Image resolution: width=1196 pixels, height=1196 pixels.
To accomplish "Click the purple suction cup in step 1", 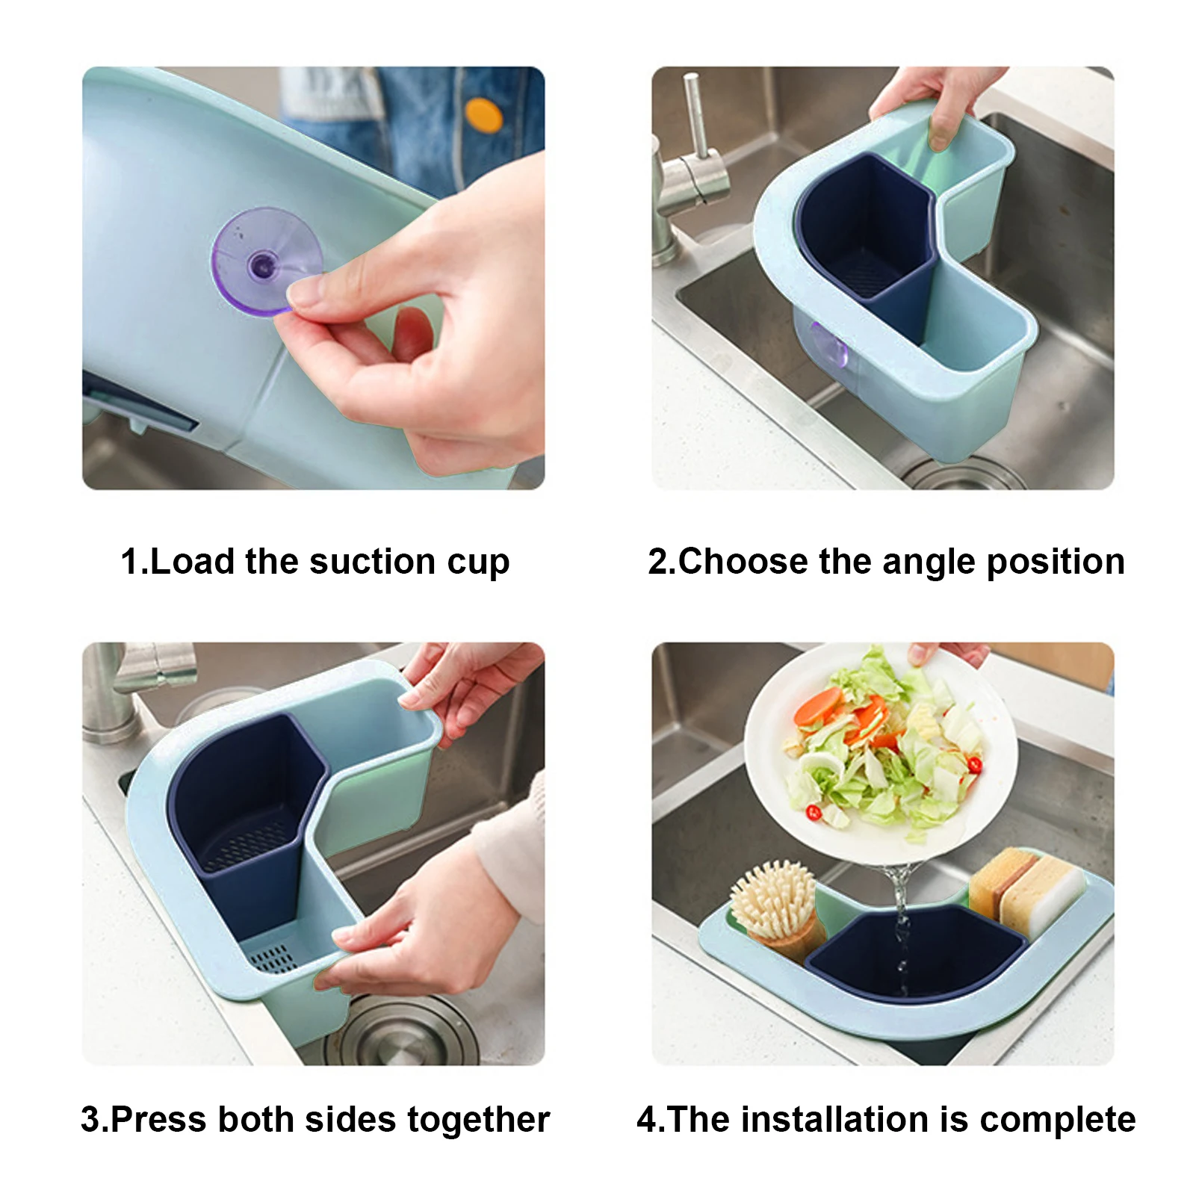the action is click(267, 261).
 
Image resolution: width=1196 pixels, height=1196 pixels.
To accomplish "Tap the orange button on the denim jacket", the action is click(483, 116).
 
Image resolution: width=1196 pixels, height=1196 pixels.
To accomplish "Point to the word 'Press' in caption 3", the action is click(158, 1120).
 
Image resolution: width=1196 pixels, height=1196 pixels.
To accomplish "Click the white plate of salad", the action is click(881, 755).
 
